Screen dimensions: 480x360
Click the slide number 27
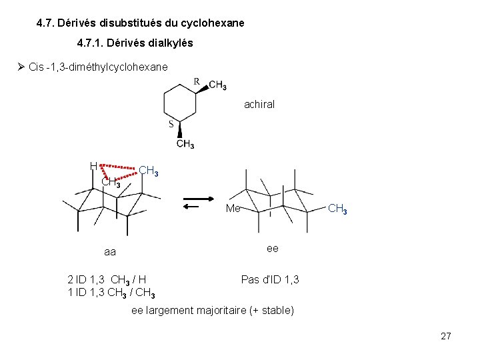coord(446,336)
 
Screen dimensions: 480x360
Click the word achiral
coord(259,104)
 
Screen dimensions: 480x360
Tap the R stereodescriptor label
coord(197,81)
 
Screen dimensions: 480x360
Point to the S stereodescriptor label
coord(171,124)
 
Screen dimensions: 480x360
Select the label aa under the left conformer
coord(110,252)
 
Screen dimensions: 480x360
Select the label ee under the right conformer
coord(273,248)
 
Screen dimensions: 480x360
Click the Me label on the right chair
coord(233,209)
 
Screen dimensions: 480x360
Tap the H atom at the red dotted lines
coord(94,166)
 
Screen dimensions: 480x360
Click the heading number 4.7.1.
coord(94,44)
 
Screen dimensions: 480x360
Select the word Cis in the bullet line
coord(38,67)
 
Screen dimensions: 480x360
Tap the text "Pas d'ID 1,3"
coord(270,279)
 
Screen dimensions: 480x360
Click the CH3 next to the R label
coord(217,85)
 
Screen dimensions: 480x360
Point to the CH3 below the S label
coord(185,144)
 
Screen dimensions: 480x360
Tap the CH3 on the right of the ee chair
coord(337,209)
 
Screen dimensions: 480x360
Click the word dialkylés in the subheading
coord(171,44)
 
